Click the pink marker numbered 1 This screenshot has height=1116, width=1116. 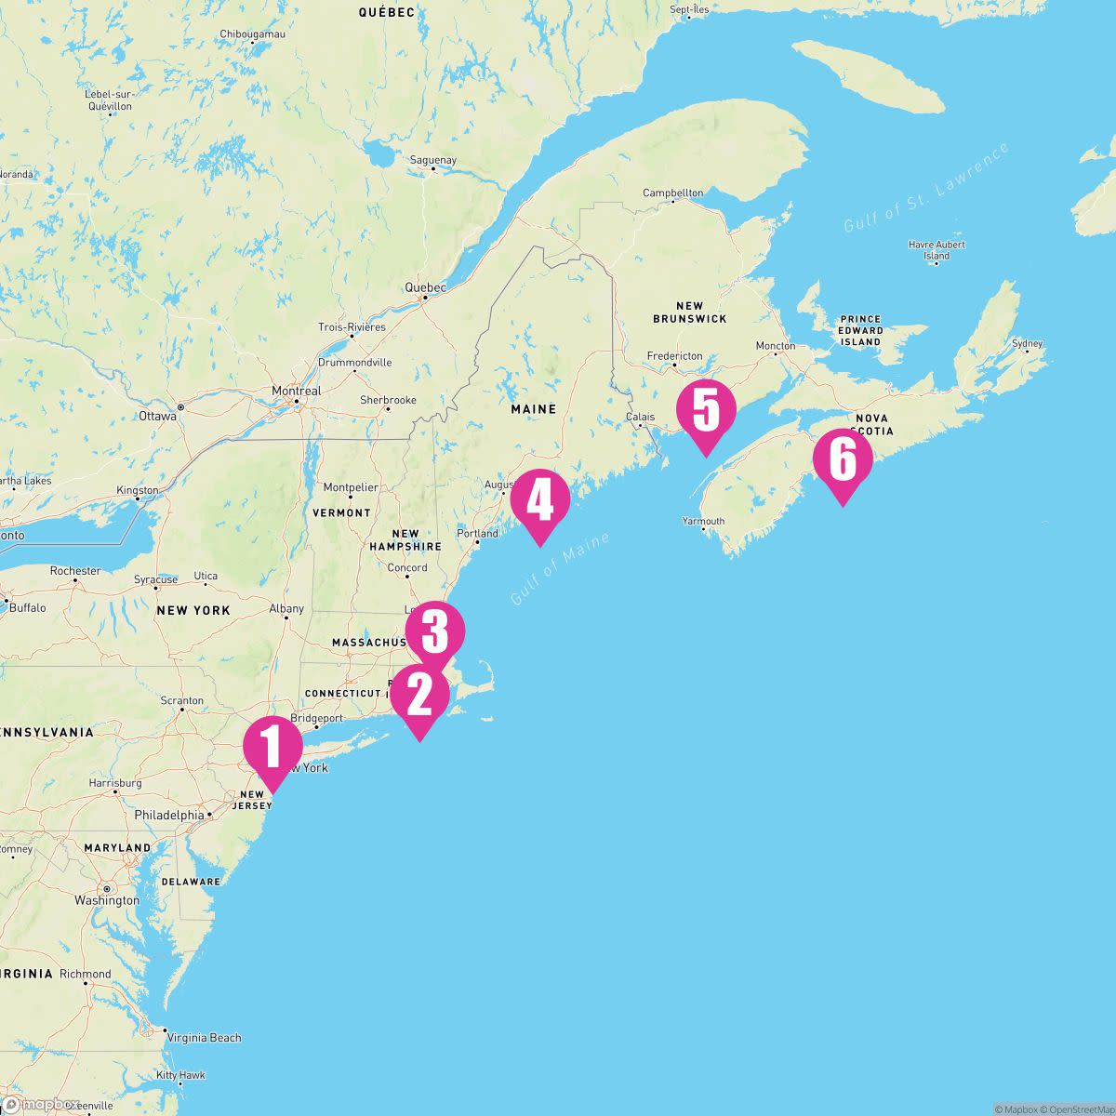tap(273, 746)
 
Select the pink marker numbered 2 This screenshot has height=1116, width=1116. tap(419, 695)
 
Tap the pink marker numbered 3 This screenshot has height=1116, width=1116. tap(434, 631)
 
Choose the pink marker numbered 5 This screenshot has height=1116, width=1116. tap(706, 410)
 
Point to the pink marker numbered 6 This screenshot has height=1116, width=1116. tap(843, 458)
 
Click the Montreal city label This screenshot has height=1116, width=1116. tap(296, 392)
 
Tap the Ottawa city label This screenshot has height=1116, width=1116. tap(157, 416)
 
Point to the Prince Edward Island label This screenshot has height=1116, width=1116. tap(860, 330)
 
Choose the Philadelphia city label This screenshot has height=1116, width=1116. tap(169, 815)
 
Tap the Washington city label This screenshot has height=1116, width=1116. tap(107, 900)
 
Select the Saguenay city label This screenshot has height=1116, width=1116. tap(433, 160)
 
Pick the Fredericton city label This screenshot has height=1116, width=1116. tap(675, 356)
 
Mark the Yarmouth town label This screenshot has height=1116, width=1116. tap(703, 521)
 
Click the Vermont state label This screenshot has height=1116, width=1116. tap(341, 512)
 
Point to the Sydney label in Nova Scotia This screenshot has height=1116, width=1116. tap(1027, 343)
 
